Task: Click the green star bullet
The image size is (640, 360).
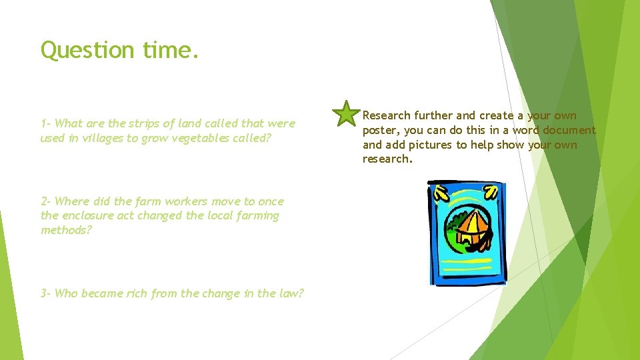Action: click(x=346, y=114)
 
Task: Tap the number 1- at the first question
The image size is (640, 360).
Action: click(x=46, y=123)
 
